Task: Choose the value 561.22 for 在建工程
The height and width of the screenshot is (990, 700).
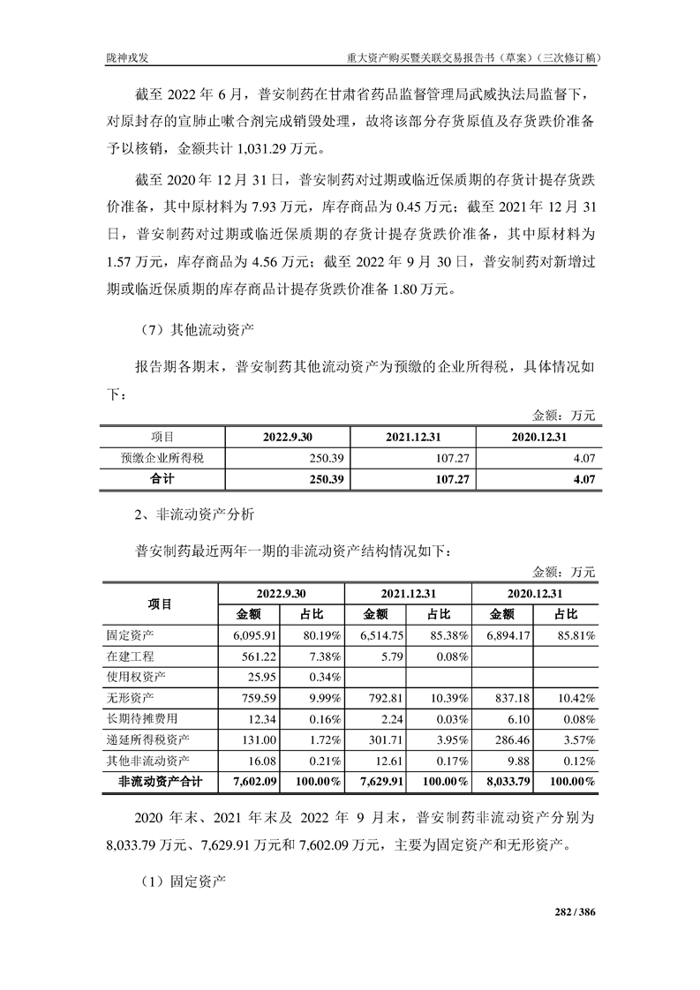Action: pyautogui.click(x=260, y=656)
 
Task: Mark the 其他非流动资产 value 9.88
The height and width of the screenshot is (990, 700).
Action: pyautogui.click(x=516, y=761)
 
